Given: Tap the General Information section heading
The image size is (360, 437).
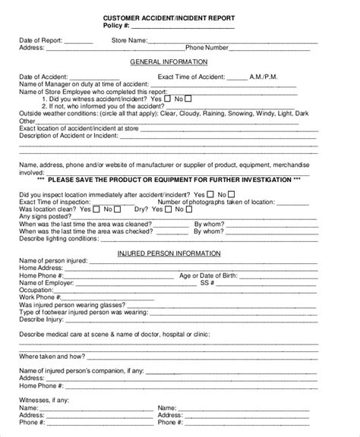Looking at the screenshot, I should [x=179, y=62].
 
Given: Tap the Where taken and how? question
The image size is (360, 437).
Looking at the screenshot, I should [x=51, y=355].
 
